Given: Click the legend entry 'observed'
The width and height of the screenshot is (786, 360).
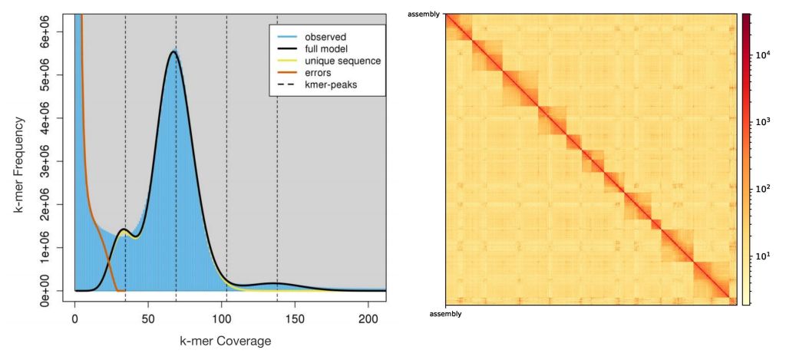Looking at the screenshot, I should click(x=325, y=37).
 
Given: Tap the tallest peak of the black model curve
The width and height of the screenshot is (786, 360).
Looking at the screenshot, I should click(x=174, y=51).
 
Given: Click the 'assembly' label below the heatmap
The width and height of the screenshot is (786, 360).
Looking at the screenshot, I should click(x=444, y=313).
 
